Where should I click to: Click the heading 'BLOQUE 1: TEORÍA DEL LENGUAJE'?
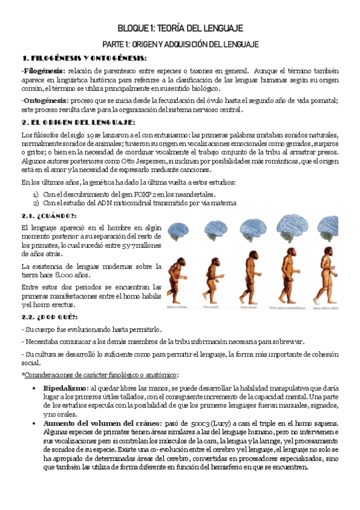[x=180, y=28]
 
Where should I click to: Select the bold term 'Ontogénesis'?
[x=44, y=100]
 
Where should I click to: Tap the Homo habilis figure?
[x=213, y=281]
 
